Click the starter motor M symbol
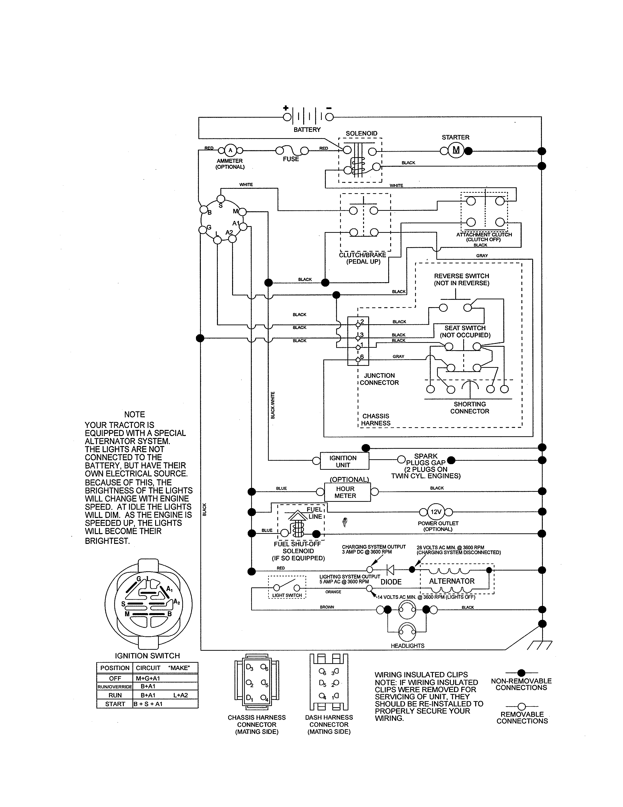(456, 150)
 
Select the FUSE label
(291, 159)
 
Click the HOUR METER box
(347, 492)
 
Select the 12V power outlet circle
(436, 512)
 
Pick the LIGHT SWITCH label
(287, 595)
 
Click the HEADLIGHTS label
(408, 646)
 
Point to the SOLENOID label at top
(361, 133)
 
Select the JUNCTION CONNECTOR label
(379, 379)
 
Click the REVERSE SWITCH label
(461, 279)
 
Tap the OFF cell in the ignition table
(115, 678)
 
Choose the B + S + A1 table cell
(148, 704)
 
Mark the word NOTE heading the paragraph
(134, 415)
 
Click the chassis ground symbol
(540, 645)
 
